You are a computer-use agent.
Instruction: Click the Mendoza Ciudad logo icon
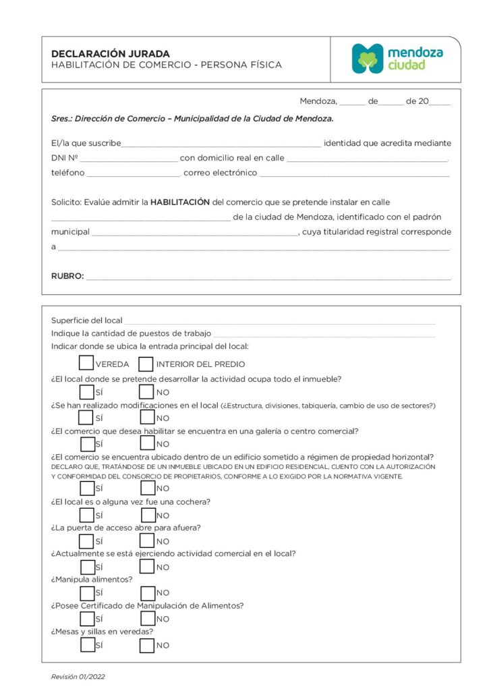pyautogui.click(x=368, y=59)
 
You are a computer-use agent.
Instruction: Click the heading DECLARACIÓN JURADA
pyautogui.click(x=111, y=53)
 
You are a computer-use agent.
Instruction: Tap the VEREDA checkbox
pyautogui.click(x=86, y=364)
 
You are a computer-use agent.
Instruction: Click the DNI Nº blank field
pyautogui.click(x=128, y=159)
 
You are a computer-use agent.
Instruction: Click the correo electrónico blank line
pyautogui.click(x=354, y=173)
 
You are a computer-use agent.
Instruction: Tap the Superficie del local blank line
pyautogui.click(x=279, y=321)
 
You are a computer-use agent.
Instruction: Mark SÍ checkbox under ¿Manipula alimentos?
pyautogui.click(x=87, y=593)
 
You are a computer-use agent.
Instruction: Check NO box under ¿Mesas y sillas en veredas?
pyautogui.click(x=147, y=645)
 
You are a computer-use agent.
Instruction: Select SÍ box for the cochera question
pyautogui.click(x=87, y=516)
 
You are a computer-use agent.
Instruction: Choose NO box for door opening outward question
pyautogui.click(x=147, y=541)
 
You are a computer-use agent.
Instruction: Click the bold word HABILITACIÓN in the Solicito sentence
pyautogui.click(x=179, y=202)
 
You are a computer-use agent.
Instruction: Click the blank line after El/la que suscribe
pyautogui.click(x=221, y=144)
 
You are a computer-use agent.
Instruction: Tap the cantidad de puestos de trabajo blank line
pyautogui.click(x=324, y=334)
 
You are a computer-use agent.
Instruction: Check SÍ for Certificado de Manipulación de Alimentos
pyautogui.click(x=87, y=619)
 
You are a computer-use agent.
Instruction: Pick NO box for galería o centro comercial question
pyautogui.click(x=147, y=444)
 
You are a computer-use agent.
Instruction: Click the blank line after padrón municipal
pyautogui.click(x=194, y=233)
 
